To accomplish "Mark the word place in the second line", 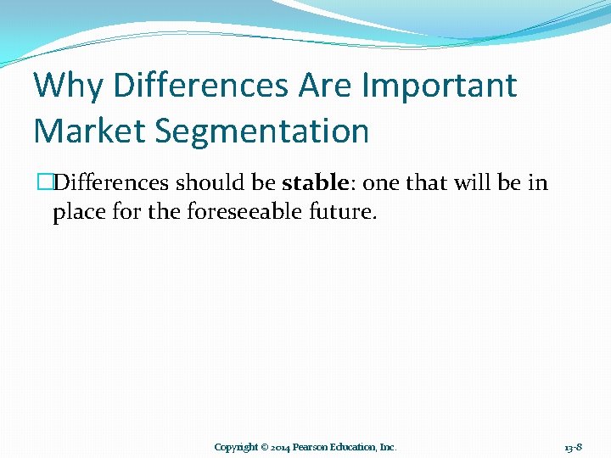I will (77, 211).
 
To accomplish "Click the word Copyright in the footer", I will (236, 447).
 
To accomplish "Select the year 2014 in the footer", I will (281, 447).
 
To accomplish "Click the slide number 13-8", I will (572, 447).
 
